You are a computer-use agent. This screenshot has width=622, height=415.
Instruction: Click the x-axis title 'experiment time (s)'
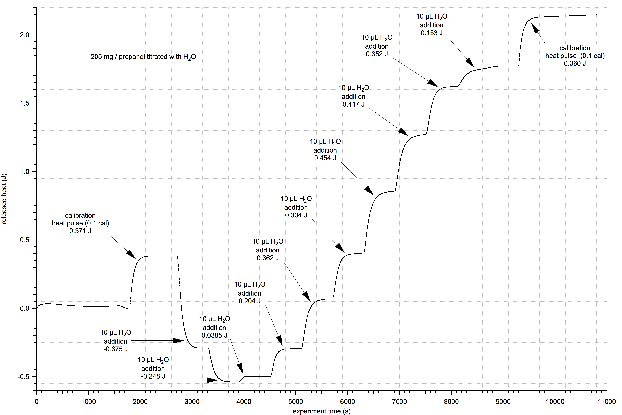pos(322,411)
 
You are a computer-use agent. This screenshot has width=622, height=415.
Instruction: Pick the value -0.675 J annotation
pos(116,349)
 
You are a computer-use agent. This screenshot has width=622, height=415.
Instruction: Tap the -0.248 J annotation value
pos(153,376)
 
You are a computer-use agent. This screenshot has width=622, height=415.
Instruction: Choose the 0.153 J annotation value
pos(431,33)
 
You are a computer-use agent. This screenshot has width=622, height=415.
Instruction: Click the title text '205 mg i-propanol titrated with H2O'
pos(143,57)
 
